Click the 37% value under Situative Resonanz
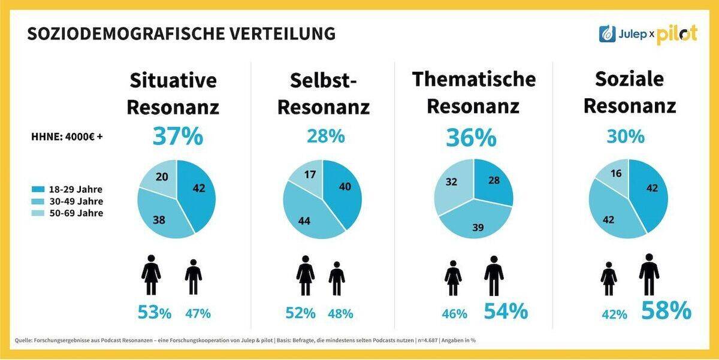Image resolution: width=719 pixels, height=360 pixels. point(178,136)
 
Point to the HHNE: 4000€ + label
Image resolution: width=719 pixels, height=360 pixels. point(67,136)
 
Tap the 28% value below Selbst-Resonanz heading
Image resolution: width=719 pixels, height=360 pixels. point(325,136)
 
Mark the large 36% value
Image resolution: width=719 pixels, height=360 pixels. point(470,137)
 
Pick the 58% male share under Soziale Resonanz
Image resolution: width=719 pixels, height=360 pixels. point(666,311)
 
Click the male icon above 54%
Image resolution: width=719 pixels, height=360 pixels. point(493,276)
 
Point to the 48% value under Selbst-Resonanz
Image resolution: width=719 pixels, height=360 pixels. point(340,313)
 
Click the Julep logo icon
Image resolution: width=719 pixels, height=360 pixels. point(608,34)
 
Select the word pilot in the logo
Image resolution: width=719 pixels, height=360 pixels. point(676,35)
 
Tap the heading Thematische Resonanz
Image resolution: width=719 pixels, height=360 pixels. point(473,93)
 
